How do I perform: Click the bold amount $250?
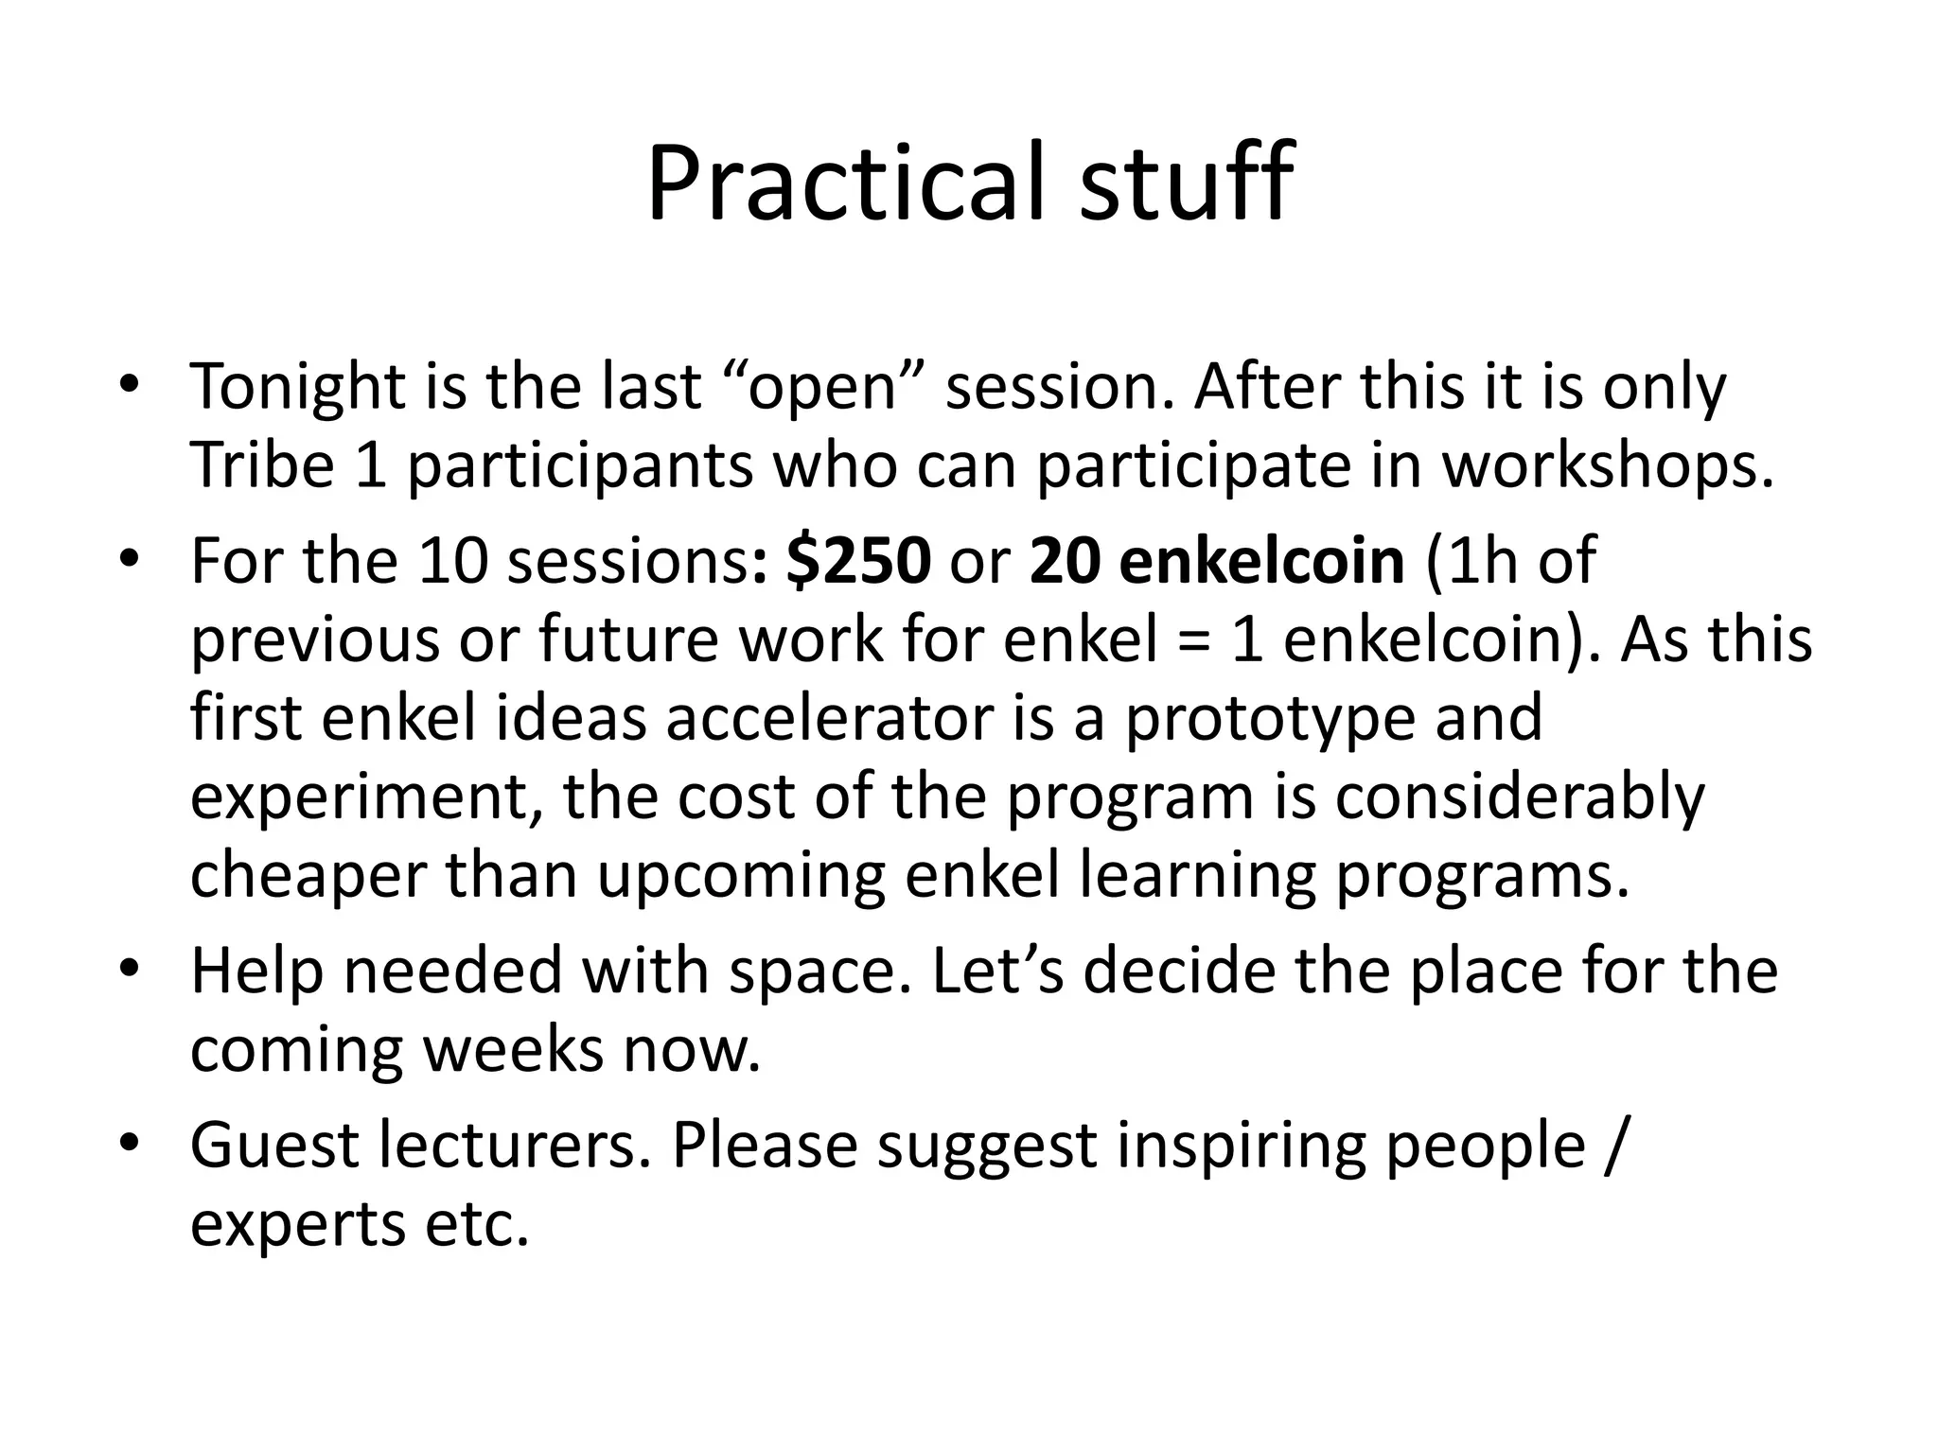coord(857,560)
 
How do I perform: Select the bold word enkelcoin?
coord(1263,560)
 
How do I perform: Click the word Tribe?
coord(262,466)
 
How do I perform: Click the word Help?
coord(256,972)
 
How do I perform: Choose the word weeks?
coord(512,1050)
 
